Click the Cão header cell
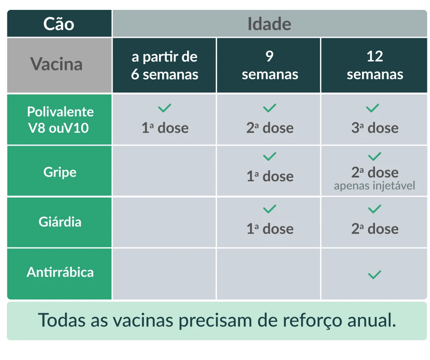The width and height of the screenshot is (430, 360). coord(59,24)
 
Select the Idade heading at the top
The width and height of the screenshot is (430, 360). coord(270,24)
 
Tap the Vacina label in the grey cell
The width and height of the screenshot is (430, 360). coord(56,64)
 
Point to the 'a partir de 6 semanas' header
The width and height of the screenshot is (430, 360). coord(165,65)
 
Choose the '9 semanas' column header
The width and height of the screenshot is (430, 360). coord(270,65)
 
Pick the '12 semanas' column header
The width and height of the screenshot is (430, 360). coord(375,65)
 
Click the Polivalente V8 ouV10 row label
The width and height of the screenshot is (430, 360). coord(60,119)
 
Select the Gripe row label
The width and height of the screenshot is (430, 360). coord(60,172)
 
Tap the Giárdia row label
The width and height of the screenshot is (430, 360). coord(60,222)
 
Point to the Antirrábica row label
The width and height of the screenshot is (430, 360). coord(60,272)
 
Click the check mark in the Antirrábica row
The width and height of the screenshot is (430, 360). coord(375,274)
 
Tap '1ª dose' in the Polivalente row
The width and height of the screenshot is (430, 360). coord(165,128)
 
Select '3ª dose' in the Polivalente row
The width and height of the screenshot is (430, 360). coord(375,128)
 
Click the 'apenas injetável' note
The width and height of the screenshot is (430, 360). coord(375,186)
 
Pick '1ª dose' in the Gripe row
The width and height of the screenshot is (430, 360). coord(270,176)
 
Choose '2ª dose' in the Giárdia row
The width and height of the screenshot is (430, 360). coord(375,229)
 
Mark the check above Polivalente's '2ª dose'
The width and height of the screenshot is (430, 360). coord(270,108)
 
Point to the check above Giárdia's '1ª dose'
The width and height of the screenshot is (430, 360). coord(270,209)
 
